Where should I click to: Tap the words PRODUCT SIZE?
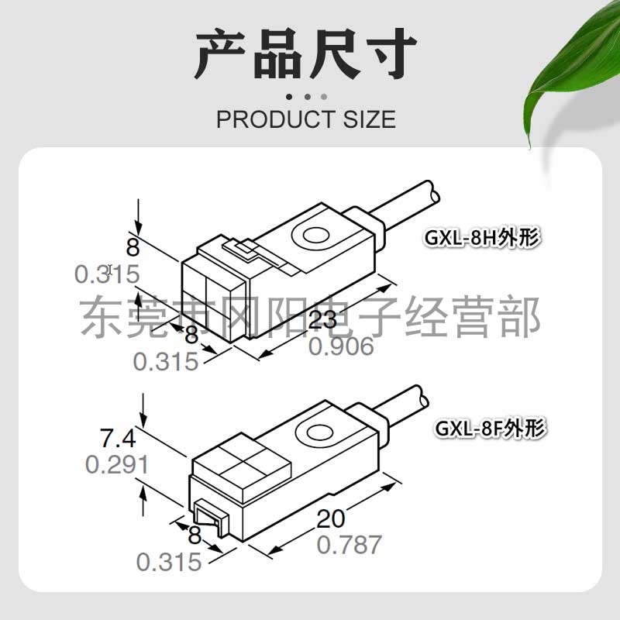point(305,119)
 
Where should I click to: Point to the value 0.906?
point(341,346)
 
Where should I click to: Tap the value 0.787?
point(349,544)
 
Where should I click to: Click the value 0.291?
point(116,465)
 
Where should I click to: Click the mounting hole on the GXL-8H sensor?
point(316,236)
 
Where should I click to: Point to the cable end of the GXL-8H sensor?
point(422,194)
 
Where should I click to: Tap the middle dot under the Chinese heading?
point(306,97)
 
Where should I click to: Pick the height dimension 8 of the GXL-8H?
point(133,249)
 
